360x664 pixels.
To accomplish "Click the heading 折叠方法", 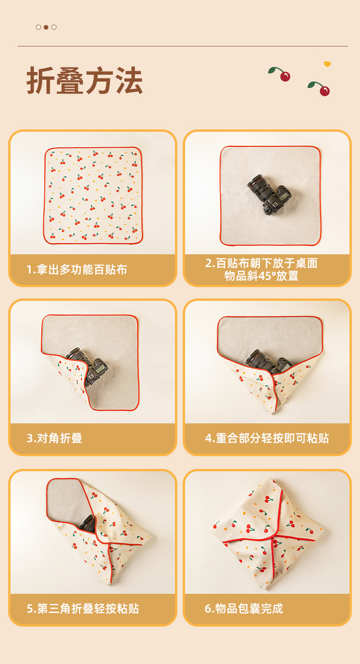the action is point(84,80).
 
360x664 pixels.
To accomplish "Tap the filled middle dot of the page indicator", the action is point(46,27).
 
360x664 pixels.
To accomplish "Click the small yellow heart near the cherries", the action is point(327,64).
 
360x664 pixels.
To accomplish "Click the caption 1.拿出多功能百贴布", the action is point(77,269).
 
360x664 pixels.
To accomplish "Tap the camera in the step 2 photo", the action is point(269,194).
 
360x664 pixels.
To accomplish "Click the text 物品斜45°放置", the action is point(261,276).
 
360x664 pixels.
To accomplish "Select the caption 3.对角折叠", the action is point(55,438).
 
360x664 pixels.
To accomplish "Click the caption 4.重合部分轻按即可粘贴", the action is point(267,438).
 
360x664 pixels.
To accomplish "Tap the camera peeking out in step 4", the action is point(268,360).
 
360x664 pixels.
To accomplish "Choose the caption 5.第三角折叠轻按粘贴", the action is point(83,608).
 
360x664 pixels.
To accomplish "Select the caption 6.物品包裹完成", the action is point(244,608).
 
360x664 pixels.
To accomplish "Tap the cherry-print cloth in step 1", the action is point(93,196).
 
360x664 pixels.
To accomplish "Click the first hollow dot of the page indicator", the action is point(39,27).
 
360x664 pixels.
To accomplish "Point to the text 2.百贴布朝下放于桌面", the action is point(261,263).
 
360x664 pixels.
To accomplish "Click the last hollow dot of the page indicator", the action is point(54,27).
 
